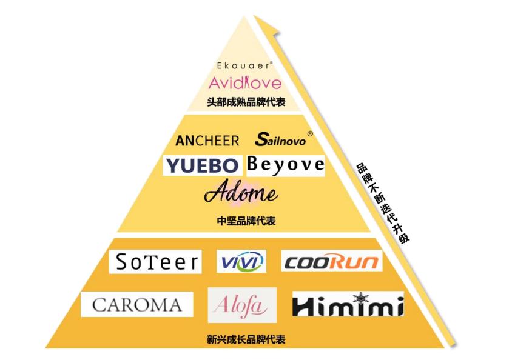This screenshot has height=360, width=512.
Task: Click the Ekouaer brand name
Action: [x=244, y=65]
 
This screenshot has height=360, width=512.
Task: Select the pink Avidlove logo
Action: [x=245, y=83]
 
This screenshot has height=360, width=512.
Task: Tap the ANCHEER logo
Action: [x=207, y=141]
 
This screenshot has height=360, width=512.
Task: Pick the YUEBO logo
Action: [x=203, y=165]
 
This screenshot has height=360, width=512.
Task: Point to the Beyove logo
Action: [x=286, y=165]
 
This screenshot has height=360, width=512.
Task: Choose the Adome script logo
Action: [x=241, y=192]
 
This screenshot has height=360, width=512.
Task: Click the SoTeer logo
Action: [x=155, y=262]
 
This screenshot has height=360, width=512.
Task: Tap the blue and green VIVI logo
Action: [x=241, y=261]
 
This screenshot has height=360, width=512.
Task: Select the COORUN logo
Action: [x=332, y=261]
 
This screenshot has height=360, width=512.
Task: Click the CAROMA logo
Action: [x=137, y=304]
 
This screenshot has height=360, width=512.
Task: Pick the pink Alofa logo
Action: [x=242, y=305]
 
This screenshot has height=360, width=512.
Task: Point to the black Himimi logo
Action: [x=348, y=304]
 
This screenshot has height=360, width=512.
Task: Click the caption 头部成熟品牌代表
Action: [x=246, y=102]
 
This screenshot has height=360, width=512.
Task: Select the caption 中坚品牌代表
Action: [x=246, y=221]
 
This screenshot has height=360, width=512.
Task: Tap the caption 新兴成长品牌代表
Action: [x=246, y=339]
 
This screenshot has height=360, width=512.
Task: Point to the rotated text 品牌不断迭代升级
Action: [x=383, y=203]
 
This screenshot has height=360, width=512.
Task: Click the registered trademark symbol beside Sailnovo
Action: [x=310, y=133]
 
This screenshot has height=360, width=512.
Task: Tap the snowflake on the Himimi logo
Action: [x=360, y=297]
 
